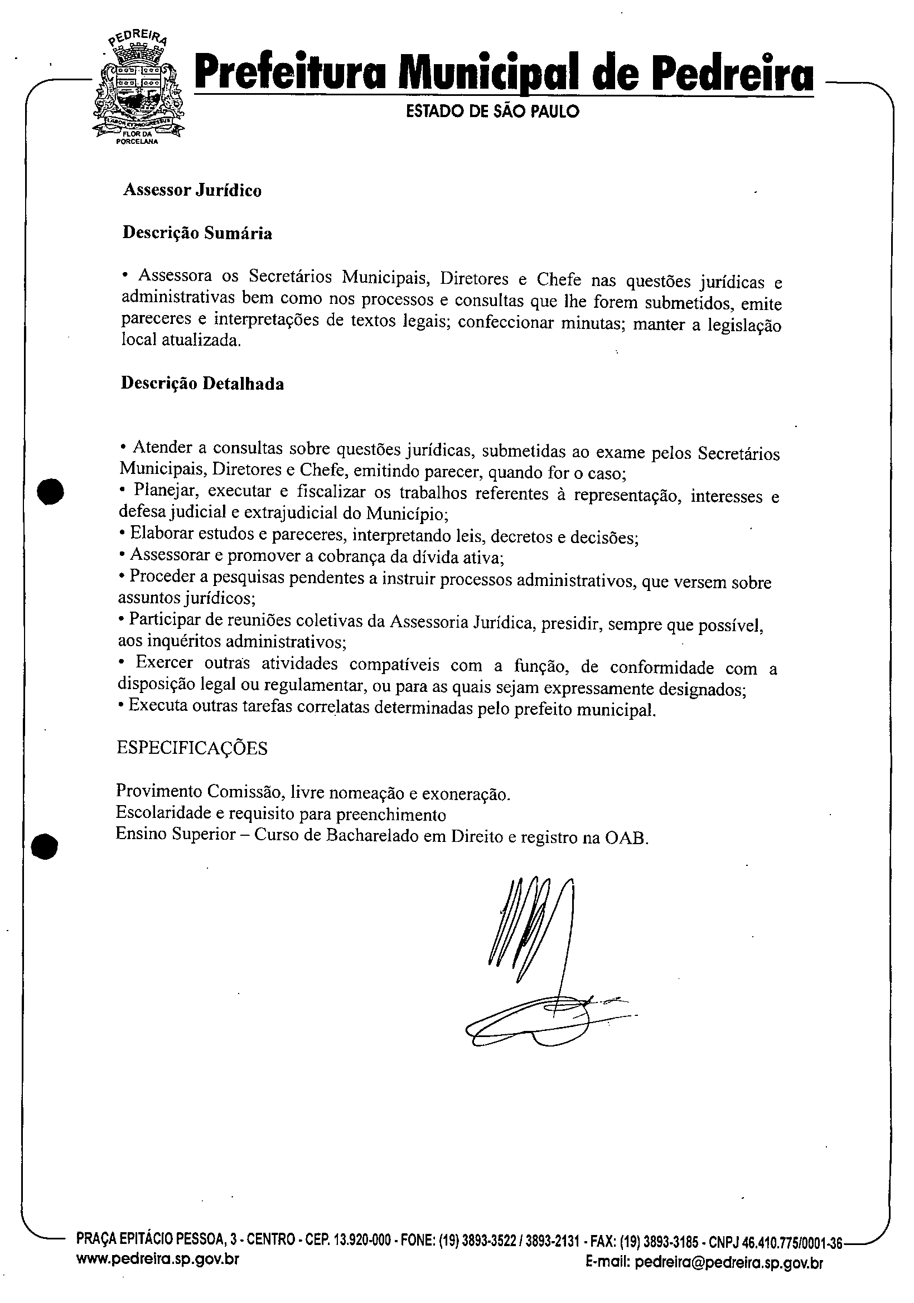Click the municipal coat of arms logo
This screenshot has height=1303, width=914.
138,90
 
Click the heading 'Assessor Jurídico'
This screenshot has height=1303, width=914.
192,190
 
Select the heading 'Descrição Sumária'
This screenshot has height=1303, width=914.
197,233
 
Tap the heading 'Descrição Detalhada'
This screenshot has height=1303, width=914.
202,384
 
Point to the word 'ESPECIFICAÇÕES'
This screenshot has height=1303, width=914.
192,748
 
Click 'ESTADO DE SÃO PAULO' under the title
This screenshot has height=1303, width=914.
493,112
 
